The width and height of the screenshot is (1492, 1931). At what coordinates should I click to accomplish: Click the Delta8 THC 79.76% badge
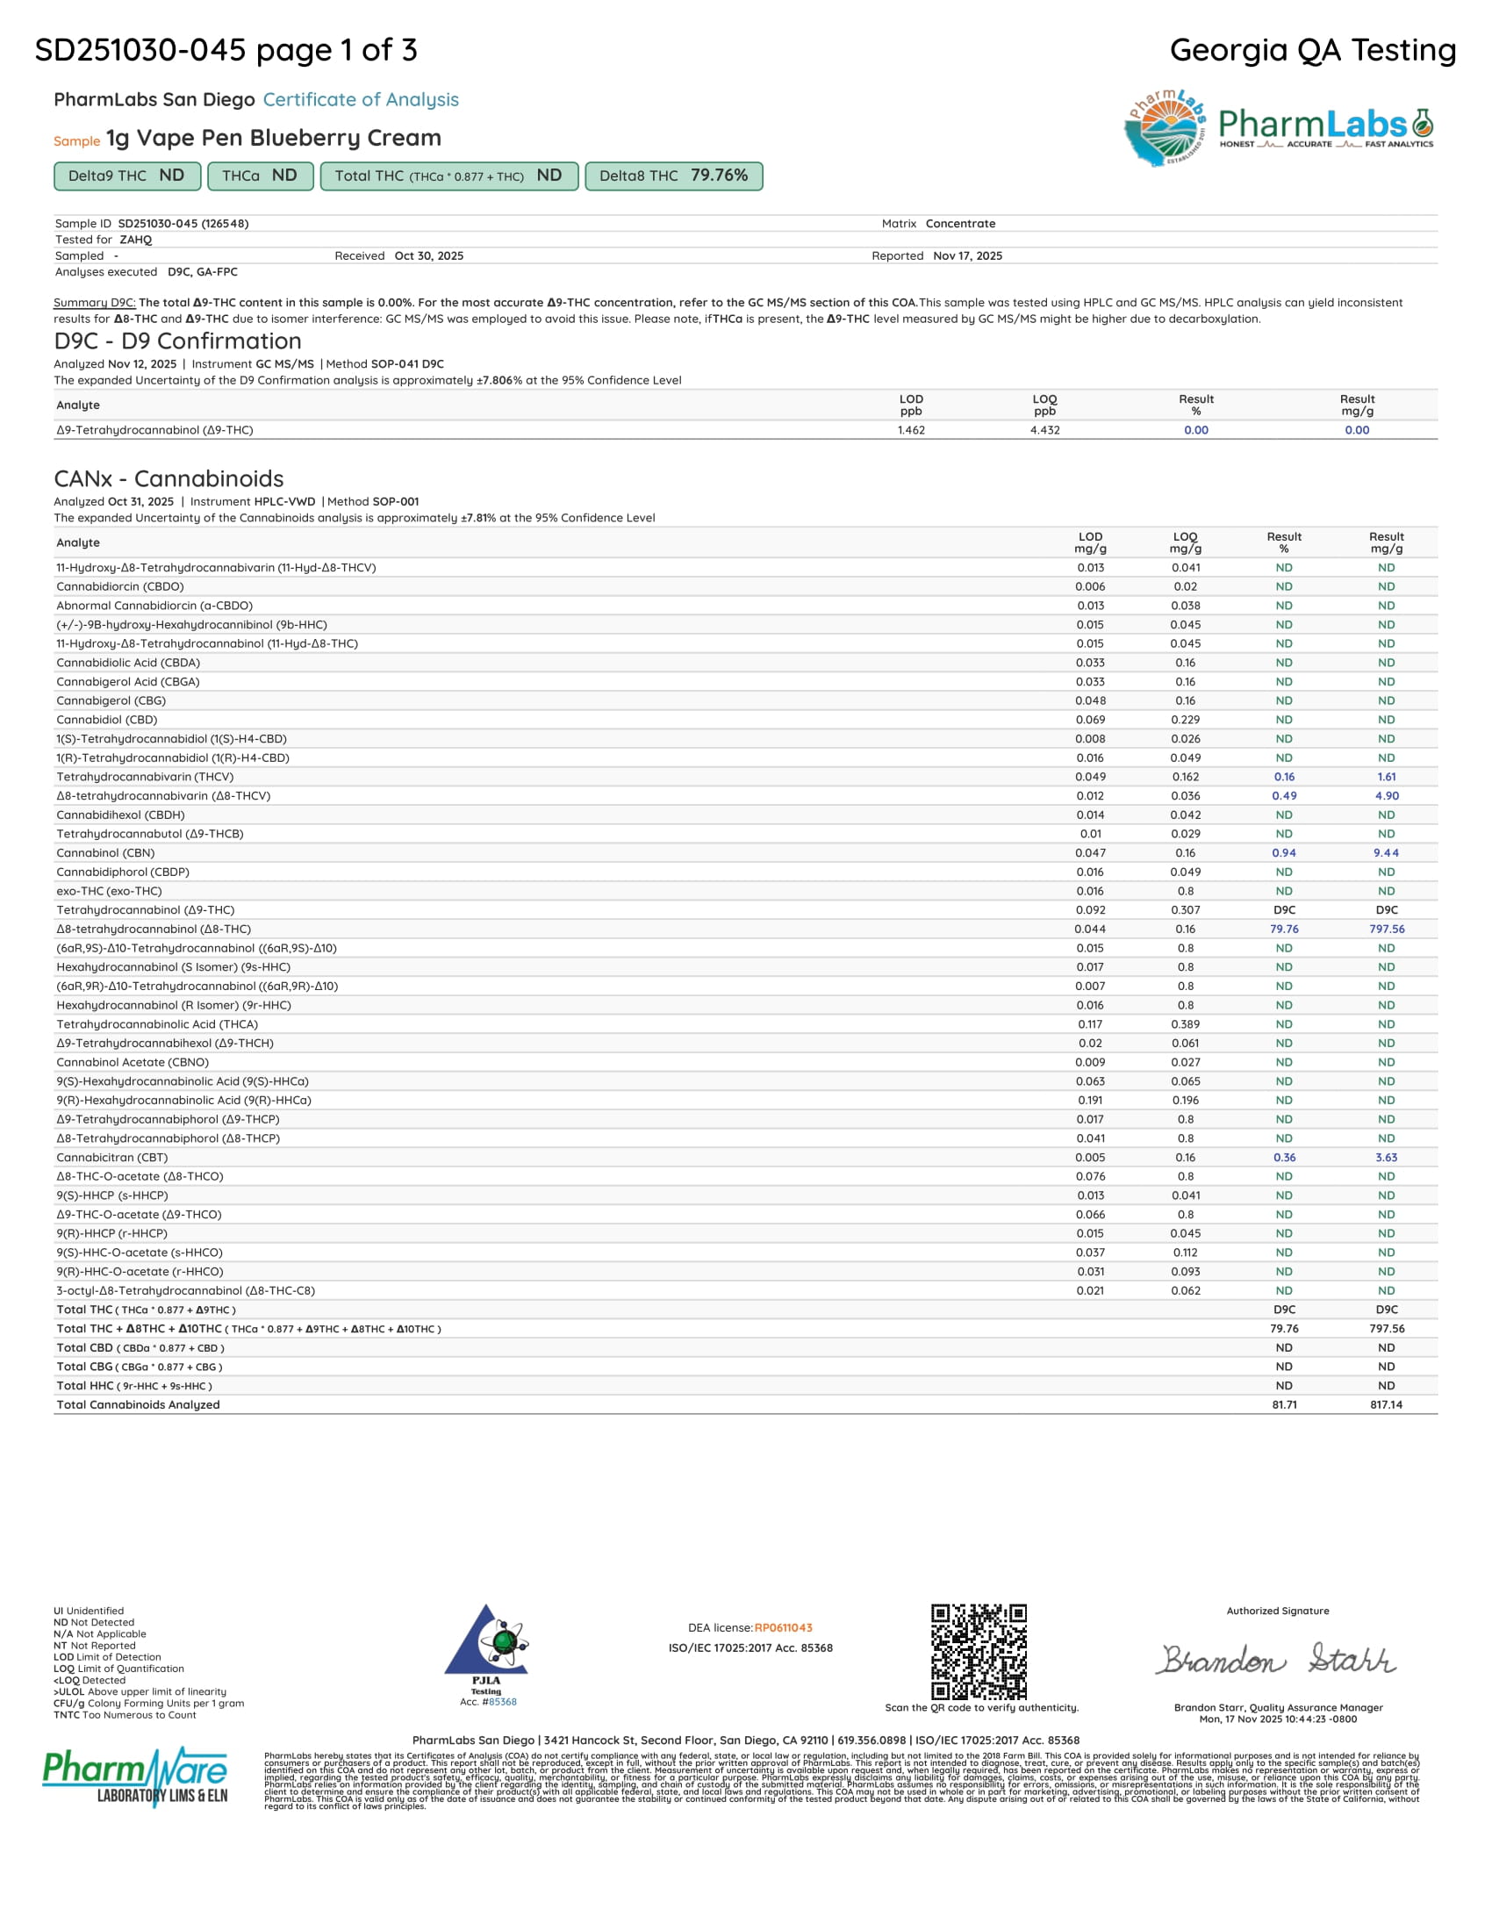point(673,176)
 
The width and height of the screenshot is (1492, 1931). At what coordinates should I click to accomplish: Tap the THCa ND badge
point(260,176)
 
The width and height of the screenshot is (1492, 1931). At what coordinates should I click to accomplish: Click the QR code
point(979,1651)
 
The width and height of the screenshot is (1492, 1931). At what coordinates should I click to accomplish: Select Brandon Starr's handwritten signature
point(1277,1660)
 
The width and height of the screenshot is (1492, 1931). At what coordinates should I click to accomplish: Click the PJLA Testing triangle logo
point(486,1642)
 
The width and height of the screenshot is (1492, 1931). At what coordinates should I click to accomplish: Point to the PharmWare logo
point(135,1777)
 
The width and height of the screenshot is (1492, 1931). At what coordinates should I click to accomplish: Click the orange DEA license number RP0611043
point(783,1627)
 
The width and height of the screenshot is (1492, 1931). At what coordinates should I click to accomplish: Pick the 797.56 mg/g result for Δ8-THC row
point(1387,930)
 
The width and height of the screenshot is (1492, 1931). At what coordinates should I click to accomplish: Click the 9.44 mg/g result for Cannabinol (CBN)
point(1386,853)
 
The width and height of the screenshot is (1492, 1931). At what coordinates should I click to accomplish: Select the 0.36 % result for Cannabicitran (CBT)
point(1284,1158)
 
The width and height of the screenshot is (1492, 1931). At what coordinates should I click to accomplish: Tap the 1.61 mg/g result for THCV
point(1386,777)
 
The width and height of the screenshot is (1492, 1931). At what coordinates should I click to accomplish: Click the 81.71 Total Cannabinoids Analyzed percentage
point(1284,1405)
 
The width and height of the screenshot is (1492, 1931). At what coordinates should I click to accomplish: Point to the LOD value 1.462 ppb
point(911,431)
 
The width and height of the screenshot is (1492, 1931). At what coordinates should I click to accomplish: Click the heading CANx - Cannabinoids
point(169,478)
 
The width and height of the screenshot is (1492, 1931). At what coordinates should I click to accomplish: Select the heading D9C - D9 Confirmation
point(177,341)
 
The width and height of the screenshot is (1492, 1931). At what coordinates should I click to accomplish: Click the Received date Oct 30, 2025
point(428,256)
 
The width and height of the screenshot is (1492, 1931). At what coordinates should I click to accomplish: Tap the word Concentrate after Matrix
point(960,224)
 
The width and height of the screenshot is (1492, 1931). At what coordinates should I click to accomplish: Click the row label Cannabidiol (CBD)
point(107,720)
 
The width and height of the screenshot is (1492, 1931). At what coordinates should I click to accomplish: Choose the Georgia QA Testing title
point(1313,50)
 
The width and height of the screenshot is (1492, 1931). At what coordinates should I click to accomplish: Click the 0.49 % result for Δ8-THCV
point(1284,796)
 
